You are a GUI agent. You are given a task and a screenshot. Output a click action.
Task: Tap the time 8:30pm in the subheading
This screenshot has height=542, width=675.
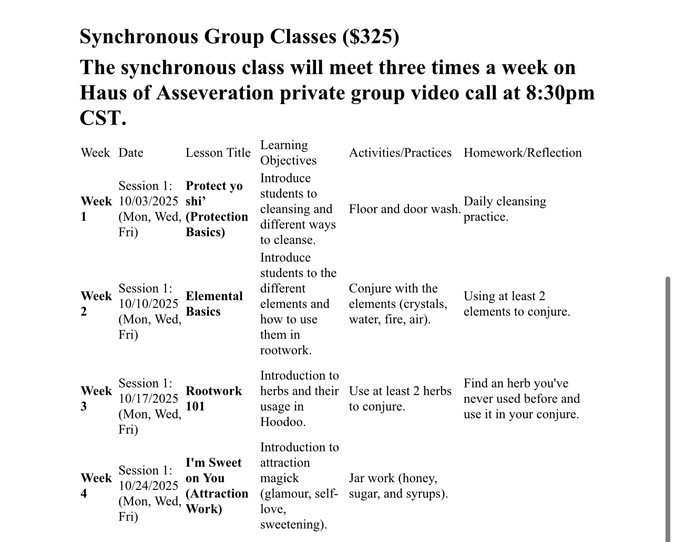pyautogui.click(x=560, y=93)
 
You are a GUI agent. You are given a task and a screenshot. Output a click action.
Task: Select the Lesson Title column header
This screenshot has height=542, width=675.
pyautogui.click(x=218, y=152)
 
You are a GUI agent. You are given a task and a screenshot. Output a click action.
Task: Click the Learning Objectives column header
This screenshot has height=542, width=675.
pyautogui.click(x=288, y=152)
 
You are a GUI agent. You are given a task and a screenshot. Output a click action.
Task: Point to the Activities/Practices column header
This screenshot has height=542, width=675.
pyautogui.click(x=400, y=152)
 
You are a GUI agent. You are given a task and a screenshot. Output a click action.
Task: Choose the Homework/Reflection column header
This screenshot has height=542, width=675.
pyautogui.click(x=523, y=152)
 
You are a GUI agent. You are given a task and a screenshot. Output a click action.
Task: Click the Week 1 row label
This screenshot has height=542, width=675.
pyautogui.click(x=96, y=209)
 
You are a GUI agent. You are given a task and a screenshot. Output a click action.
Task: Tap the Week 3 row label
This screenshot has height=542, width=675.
pyautogui.click(x=96, y=398)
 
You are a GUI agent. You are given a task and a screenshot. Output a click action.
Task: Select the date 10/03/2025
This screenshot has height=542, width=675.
pyautogui.click(x=149, y=201)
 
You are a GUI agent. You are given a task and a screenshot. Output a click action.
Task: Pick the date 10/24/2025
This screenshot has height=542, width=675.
pyautogui.click(x=149, y=486)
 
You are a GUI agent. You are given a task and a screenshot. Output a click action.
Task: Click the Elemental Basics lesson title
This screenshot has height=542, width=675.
pyautogui.click(x=214, y=304)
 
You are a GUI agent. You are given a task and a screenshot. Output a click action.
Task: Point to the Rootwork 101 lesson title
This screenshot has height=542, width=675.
pyautogui.click(x=213, y=398)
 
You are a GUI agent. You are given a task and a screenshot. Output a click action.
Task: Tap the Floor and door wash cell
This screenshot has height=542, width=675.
pyautogui.click(x=405, y=209)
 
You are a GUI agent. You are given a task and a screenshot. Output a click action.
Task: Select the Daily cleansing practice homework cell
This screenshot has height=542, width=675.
pyautogui.click(x=505, y=209)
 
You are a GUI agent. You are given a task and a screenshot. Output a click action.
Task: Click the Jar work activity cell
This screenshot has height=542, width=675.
pyautogui.click(x=398, y=486)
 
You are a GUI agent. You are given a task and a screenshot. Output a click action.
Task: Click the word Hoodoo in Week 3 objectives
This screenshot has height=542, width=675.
pyautogui.click(x=282, y=422)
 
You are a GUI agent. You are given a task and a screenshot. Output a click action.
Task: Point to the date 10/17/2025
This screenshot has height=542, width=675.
pyautogui.click(x=149, y=398)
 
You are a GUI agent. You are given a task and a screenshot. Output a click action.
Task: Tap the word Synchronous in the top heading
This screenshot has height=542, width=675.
pyautogui.click(x=139, y=36)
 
